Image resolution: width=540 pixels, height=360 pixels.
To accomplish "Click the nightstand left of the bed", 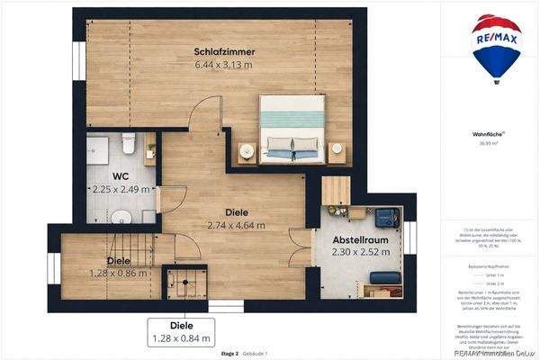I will pos(247,152).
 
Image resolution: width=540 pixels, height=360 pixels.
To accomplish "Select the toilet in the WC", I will pos(129,144).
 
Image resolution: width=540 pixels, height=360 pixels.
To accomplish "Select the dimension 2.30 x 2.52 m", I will pos(358,253).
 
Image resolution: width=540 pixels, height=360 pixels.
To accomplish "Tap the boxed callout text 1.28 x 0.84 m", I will pos(183,338).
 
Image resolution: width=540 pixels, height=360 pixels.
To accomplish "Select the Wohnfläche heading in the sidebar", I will pos(486,134).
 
